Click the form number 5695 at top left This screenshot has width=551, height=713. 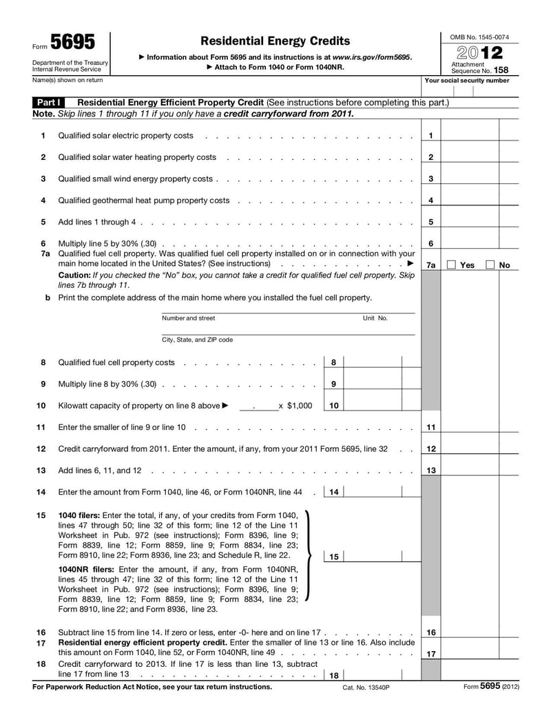click(x=73, y=43)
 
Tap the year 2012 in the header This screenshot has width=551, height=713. click(x=479, y=53)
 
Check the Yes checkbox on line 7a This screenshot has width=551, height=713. click(x=451, y=265)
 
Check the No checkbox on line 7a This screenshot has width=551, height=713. click(x=490, y=265)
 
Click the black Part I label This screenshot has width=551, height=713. click(x=50, y=103)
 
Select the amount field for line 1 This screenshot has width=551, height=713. click(x=470, y=136)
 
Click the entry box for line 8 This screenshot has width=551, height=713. click(x=372, y=362)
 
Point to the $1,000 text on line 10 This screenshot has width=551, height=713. click(x=299, y=406)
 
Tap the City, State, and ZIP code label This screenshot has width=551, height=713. click(x=197, y=340)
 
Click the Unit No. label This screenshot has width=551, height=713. click(x=375, y=318)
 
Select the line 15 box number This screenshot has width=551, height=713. click(x=333, y=557)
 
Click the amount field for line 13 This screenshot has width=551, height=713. click(x=470, y=471)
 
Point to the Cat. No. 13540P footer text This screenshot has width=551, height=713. click(x=366, y=688)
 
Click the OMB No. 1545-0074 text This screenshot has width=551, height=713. click(x=479, y=37)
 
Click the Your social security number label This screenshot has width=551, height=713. click(x=467, y=81)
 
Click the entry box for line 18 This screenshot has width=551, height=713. click(x=372, y=676)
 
